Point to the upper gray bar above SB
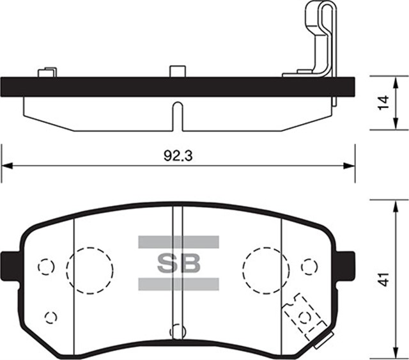tap(178, 242)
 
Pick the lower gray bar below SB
tap(178, 283)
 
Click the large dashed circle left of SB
tap(90, 268)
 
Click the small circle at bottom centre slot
tap(177, 332)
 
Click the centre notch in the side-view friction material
tap(178, 115)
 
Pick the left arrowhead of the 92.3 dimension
tap(6, 166)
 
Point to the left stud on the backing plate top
tap(45, 72)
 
